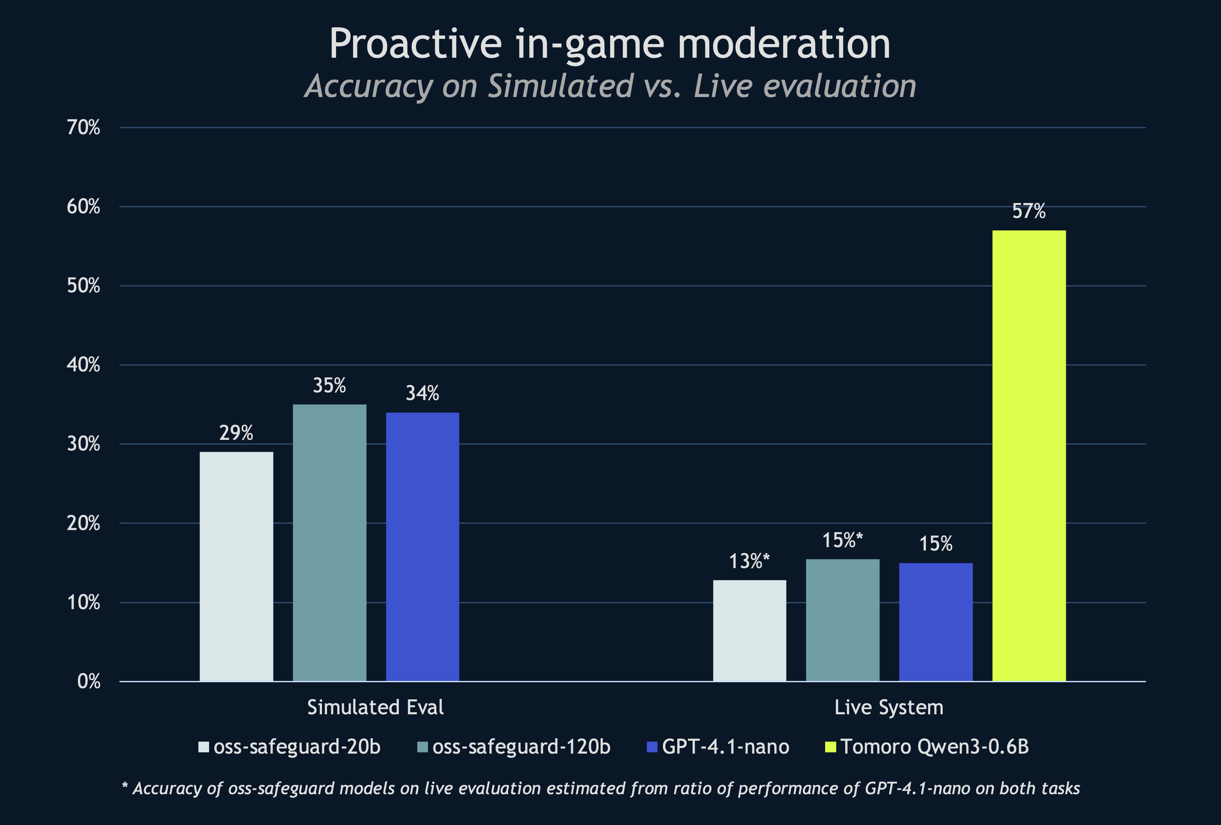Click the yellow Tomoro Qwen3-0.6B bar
[1029, 456]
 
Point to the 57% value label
[1029, 211]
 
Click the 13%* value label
[749, 562]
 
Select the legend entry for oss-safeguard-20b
[289, 747]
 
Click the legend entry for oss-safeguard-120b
[514, 747]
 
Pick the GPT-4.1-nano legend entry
[718, 747]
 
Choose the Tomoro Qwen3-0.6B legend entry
[927, 747]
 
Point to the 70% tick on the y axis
[83, 128]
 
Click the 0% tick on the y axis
[89, 681]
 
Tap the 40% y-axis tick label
[83, 365]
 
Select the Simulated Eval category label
[375, 707]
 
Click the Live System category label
[888, 707]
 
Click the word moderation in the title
[784, 44]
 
